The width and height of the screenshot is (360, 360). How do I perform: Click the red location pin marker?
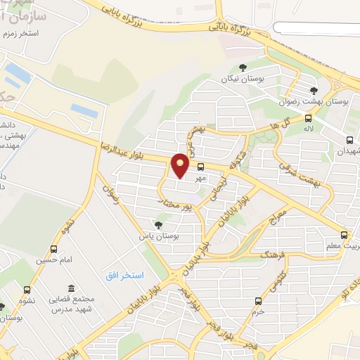point(181,165)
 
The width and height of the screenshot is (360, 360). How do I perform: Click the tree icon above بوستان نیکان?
point(243,68)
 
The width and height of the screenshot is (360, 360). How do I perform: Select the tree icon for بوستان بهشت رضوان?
point(314,90)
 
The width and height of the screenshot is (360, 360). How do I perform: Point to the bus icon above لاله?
point(307,118)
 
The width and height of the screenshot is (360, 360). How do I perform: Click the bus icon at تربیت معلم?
point(344,235)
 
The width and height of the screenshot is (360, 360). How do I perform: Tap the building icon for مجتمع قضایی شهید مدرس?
point(71,288)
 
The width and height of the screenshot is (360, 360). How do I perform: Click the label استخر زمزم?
point(20,33)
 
